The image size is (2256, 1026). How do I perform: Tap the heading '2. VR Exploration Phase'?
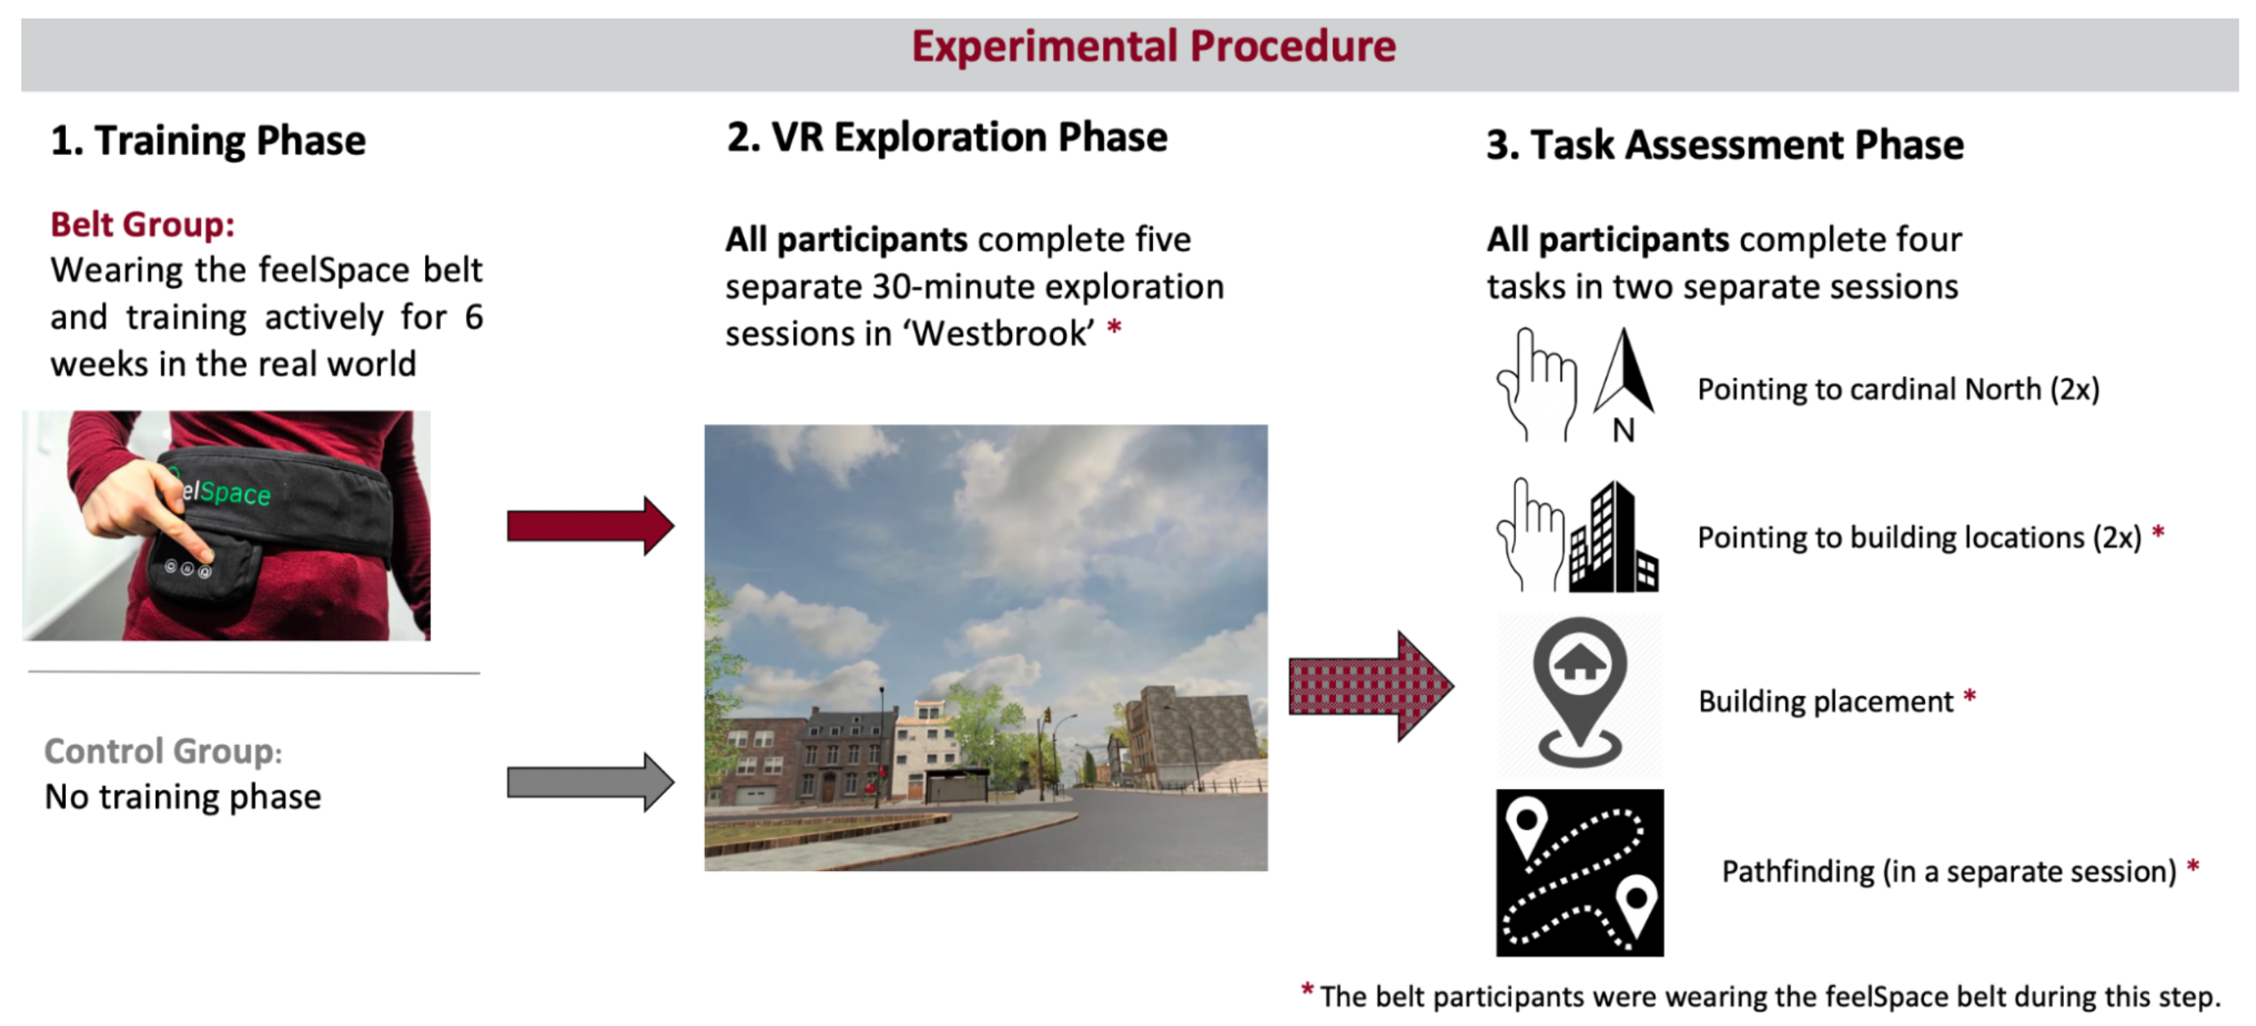[x=946, y=138]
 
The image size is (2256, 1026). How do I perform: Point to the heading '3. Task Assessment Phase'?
[x=1723, y=145]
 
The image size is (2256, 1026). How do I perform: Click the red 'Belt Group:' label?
[x=142, y=225]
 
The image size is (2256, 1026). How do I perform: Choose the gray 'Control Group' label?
[x=159, y=751]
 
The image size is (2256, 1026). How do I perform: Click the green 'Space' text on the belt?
[x=234, y=493]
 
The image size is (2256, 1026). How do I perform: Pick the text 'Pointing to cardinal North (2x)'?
[x=1898, y=389]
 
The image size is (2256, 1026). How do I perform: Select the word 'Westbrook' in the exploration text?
[x=1002, y=334]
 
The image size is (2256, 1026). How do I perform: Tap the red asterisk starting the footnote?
[x=1307, y=991]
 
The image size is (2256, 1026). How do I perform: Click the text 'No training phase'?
[x=182, y=797]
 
